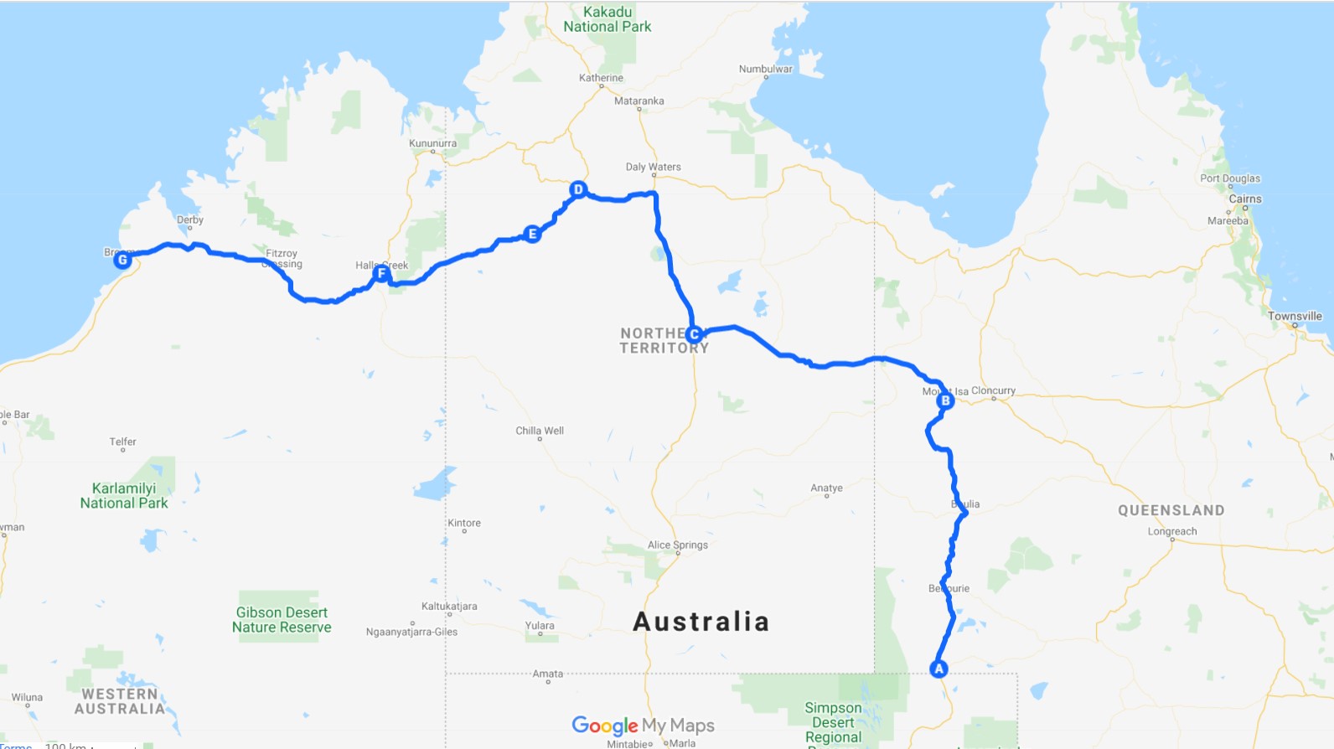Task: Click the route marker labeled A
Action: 938,669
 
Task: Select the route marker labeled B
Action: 945,400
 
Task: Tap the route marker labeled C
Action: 694,334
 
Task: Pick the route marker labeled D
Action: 578,189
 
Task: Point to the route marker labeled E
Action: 532,234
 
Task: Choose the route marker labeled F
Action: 381,273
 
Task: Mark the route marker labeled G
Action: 122,260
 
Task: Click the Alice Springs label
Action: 677,545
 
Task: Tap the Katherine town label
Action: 601,78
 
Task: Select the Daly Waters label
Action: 653,167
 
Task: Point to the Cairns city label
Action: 1244,199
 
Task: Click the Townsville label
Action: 1294,316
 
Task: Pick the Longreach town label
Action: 1171,531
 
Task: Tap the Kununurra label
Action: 432,143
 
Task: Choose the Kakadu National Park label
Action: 608,19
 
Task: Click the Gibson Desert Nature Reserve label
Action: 282,620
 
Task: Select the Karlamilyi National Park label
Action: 124,495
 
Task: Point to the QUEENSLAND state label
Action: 1171,510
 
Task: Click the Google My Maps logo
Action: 643,725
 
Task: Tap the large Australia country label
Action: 701,622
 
